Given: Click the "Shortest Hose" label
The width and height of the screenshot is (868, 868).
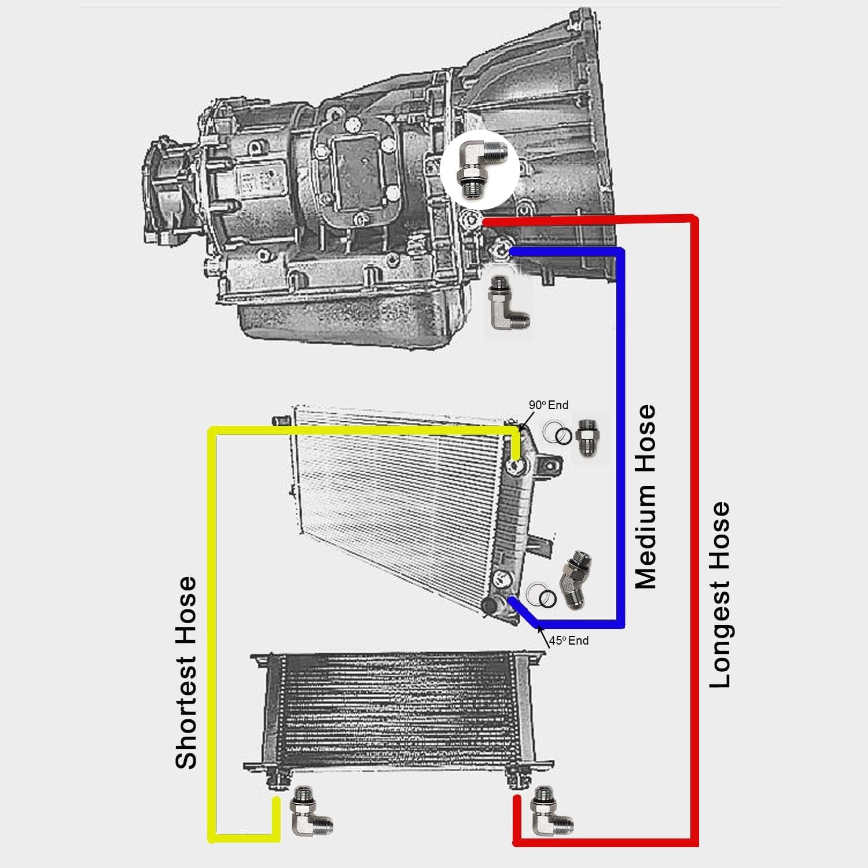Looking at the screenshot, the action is (186, 672).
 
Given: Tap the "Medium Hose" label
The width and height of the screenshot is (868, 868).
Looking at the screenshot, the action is (646, 496).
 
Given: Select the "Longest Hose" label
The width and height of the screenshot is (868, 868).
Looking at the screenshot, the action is (720, 595).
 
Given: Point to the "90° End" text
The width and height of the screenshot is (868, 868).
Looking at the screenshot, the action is (549, 405).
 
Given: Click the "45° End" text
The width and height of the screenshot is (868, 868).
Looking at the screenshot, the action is (569, 641).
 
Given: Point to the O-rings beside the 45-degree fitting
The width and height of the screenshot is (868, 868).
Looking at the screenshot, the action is (542, 595).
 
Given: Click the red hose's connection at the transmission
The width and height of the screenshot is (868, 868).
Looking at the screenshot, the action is (485, 222).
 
